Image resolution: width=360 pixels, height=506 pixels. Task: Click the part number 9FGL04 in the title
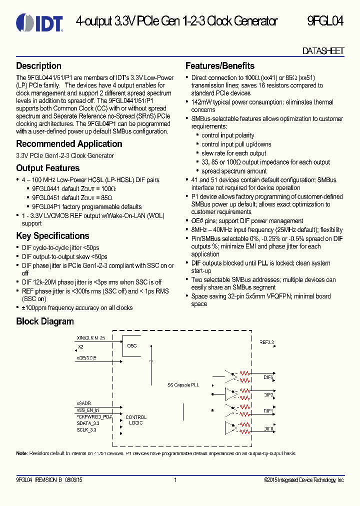[x=325, y=21]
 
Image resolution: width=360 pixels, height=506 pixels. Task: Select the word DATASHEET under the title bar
[x=323, y=51]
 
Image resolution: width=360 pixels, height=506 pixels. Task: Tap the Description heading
[x=38, y=66]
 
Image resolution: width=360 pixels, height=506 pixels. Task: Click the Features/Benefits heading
[x=219, y=66]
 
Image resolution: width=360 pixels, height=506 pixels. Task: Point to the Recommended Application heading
[x=69, y=144]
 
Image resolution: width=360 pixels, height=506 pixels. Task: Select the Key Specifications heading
[x=52, y=236]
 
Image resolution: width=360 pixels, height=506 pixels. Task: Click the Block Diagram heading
[x=45, y=321]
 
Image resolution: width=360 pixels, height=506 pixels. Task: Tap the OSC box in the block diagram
[x=132, y=345]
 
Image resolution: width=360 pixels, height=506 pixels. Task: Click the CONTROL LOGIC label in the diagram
[x=135, y=420]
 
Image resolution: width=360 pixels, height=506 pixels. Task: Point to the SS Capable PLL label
[x=183, y=385]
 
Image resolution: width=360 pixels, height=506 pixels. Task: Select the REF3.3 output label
[x=266, y=342]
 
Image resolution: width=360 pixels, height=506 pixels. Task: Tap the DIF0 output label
[x=268, y=428]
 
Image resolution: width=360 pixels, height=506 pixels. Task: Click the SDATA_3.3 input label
[x=88, y=423]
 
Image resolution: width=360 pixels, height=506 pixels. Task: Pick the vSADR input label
[x=83, y=402]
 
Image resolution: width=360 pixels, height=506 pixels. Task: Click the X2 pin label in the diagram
[x=81, y=346]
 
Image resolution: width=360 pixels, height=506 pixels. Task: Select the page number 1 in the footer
[x=175, y=480]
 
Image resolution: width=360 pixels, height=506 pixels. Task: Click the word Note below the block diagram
[x=21, y=453]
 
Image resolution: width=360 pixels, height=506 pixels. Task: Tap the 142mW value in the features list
[x=201, y=102]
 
